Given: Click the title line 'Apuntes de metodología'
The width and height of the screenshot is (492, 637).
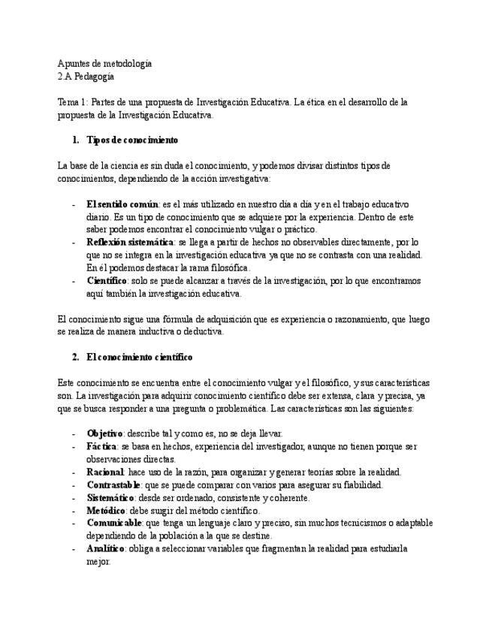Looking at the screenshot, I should pos(104,64).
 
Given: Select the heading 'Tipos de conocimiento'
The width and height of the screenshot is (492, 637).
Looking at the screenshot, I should pos(132,140).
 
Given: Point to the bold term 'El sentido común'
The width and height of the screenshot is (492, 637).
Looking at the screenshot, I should pos(122,204).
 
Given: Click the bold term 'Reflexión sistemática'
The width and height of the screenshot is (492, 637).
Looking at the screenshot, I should pos(130,242).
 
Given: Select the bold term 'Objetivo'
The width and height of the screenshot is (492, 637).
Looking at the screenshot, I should pos(105,433).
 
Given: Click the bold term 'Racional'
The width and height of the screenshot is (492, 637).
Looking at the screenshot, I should pos(105,472).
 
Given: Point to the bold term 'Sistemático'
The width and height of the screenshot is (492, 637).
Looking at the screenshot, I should pos(111,497).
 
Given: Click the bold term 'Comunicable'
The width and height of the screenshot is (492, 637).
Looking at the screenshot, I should pos(113,523).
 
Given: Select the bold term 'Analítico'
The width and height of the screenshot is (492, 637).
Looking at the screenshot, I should pos(107,548).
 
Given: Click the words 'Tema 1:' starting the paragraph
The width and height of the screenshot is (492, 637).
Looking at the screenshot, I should pos(72,102).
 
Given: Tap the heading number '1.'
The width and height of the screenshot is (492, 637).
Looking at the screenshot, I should pos(75,140).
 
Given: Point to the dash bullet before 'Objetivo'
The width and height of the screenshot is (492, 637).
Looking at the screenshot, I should pos(72,433).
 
